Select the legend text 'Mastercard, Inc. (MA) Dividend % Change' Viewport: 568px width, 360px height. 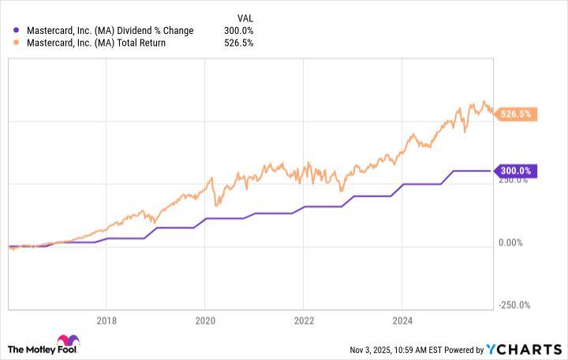[x=108, y=30]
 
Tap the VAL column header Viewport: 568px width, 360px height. [x=245, y=17]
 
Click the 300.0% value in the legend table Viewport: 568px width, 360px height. [x=238, y=30]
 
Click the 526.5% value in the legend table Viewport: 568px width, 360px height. [x=238, y=43]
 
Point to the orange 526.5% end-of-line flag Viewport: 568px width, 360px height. [x=518, y=114]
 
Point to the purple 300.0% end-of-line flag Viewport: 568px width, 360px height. [x=516, y=171]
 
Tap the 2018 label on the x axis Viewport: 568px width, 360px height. [x=106, y=321]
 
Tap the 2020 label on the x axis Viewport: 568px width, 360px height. [x=205, y=321]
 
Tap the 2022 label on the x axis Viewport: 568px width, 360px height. [x=304, y=321]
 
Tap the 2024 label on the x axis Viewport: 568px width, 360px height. [x=402, y=321]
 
